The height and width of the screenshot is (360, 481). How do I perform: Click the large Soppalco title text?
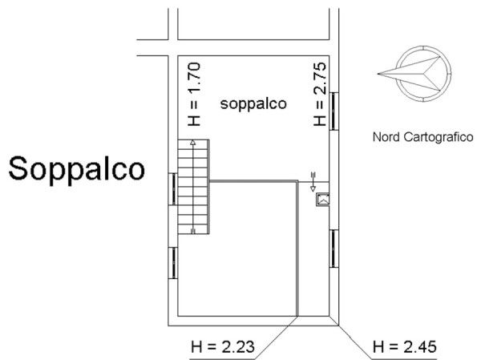point(76,169)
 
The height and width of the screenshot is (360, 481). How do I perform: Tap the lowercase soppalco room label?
point(253,104)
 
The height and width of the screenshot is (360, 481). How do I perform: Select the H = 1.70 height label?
point(194,95)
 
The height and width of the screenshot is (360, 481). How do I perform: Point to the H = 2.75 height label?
point(319,95)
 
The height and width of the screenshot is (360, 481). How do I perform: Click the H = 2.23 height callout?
point(223,347)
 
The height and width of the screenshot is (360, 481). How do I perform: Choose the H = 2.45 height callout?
point(405,347)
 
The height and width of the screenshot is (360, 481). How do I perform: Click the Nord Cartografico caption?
point(422,137)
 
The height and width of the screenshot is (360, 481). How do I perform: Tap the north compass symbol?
point(414,74)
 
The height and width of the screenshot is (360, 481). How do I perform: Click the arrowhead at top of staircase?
point(192,142)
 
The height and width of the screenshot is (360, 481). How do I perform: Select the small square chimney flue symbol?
point(323,200)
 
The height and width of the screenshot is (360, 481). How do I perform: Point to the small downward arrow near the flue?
point(313,182)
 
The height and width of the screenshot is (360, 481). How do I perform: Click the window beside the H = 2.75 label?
point(333,111)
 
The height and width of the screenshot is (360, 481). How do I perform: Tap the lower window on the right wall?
point(333,249)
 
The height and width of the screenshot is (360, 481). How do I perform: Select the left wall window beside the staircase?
point(173,189)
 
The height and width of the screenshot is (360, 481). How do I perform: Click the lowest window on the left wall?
point(173,263)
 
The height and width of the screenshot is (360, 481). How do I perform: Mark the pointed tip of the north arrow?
point(378,74)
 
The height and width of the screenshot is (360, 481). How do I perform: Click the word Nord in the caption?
point(386,137)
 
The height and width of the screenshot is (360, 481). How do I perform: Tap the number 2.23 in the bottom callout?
point(238,347)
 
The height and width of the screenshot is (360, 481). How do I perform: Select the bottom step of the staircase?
point(193,229)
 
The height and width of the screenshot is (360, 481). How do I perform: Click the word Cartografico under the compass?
point(439,137)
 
